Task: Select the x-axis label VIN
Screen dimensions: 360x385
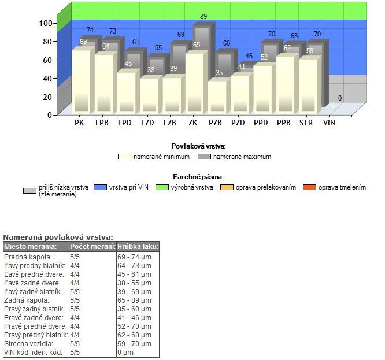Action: tap(329, 123)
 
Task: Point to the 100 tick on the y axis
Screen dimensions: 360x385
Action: tap(46, 23)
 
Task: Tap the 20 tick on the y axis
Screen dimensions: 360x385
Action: tap(49, 97)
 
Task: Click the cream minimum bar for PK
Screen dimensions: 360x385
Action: tap(82, 81)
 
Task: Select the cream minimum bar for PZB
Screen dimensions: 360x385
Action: tap(217, 97)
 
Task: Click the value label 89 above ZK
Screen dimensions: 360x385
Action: tap(203, 17)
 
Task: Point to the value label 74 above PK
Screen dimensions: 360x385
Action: tap(91, 30)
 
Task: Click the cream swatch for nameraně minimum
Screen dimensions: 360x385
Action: tap(124, 157)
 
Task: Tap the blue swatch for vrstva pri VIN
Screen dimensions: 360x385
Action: tap(101, 188)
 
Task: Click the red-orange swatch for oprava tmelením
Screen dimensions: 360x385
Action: tap(310, 188)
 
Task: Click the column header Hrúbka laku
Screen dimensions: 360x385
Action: tap(138, 247)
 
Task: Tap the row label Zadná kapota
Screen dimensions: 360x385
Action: tap(27, 300)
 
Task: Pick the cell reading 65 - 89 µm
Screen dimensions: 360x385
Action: tap(134, 300)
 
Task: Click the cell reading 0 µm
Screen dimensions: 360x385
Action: tap(125, 352)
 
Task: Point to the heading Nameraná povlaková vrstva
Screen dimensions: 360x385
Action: tap(58, 237)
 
